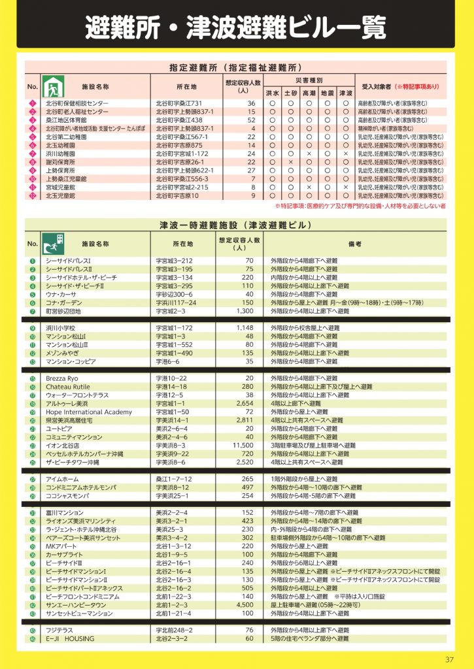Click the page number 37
(449, 658)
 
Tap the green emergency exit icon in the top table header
(52, 86)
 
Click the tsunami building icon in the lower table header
(54, 243)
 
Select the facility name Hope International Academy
(89, 412)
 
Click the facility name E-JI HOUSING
(71, 638)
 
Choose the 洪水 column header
(273, 93)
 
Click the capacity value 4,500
(243, 606)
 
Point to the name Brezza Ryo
(62, 378)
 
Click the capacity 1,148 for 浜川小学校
(244, 327)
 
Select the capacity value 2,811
(243, 420)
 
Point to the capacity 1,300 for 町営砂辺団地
(243, 312)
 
